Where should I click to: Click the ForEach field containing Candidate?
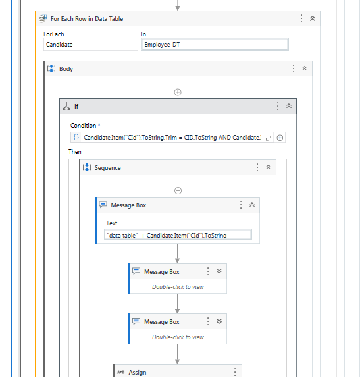[91, 44]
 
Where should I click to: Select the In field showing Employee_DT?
[215, 44]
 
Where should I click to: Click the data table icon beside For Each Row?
[43, 18]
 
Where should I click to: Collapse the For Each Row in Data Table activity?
[313, 18]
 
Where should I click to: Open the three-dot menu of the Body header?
[294, 68]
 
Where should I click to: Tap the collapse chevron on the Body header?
[304, 68]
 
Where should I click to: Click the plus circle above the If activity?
[178, 92]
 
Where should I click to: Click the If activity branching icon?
[66, 106]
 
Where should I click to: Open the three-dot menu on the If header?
[278, 106]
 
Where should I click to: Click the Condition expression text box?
[172, 138]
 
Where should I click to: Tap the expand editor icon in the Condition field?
[268, 138]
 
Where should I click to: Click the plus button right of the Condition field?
[280, 138]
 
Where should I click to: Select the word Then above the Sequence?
[75, 152]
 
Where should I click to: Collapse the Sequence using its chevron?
[269, 167]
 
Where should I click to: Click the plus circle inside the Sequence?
[178, 191]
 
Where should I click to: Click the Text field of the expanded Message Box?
[178, 234]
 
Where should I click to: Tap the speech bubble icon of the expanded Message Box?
[103, 205]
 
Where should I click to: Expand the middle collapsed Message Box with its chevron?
[219, 271]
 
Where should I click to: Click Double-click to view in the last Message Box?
[178, 337]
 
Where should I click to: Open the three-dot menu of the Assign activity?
[235, 372]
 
